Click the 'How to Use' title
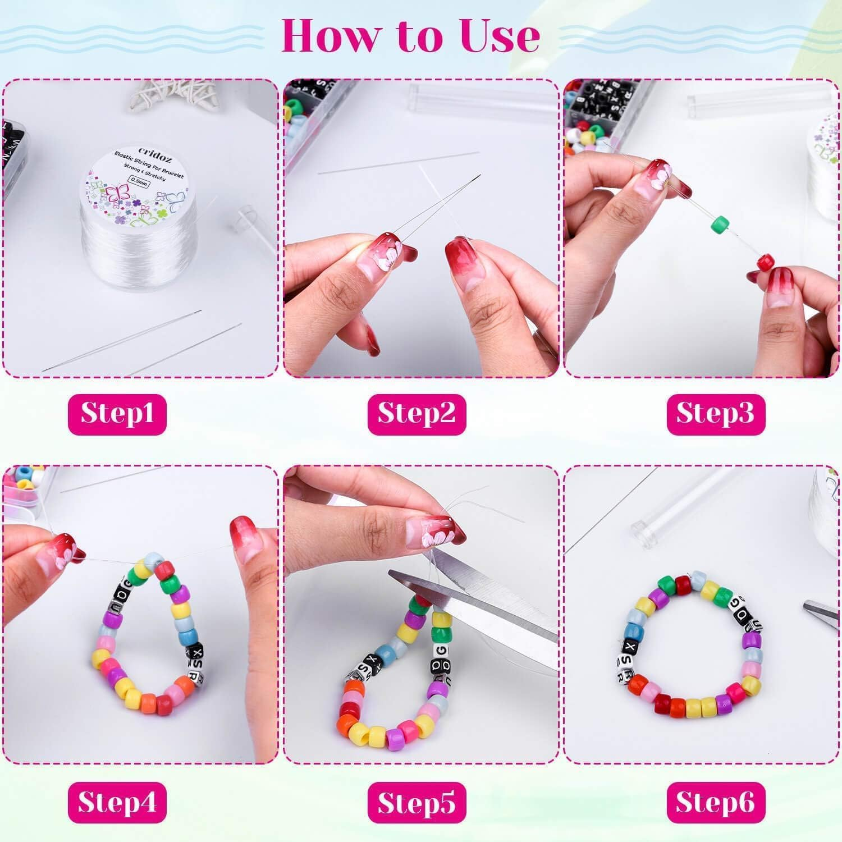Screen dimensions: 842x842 tap(410, 35)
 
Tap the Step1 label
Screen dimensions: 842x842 tap(117, 414)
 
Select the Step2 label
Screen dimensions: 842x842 tap(417, 414)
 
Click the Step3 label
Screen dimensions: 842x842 tap(715, 414)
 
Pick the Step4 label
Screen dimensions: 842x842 tap(117, 802)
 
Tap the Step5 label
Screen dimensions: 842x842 tap(417, 802)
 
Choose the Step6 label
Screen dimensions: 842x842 tap(715, 802)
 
